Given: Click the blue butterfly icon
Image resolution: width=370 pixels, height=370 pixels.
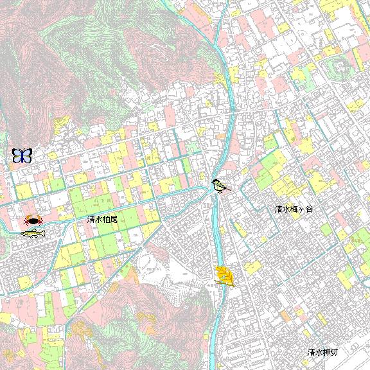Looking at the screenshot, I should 22,155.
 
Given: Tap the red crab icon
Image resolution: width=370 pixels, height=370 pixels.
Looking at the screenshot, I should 33,221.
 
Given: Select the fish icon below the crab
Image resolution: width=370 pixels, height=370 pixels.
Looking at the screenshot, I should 33,233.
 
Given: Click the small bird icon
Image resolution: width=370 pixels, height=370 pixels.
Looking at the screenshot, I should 220,186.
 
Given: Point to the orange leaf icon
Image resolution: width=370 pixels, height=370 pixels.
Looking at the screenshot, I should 225,276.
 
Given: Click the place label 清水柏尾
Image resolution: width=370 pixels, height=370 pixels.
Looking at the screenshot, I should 103,220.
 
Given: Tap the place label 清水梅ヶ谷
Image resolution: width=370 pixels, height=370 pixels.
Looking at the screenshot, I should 293,209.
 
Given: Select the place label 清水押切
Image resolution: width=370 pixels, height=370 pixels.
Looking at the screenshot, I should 322,353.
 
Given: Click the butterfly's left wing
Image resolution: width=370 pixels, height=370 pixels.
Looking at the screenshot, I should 17,155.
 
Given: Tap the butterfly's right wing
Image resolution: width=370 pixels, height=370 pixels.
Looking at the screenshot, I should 27,155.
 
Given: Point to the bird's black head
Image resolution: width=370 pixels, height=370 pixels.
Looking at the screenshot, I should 217,182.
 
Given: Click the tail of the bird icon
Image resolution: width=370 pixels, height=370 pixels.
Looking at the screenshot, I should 227,190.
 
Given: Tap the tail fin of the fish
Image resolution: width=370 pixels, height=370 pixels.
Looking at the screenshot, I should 45,231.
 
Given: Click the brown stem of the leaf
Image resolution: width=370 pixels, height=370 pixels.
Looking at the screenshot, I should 231,285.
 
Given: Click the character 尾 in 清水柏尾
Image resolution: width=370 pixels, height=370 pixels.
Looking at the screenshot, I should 114,220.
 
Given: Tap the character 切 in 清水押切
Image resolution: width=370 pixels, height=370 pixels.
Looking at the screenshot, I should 334,353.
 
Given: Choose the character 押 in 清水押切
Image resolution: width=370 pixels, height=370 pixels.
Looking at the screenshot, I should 326,353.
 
